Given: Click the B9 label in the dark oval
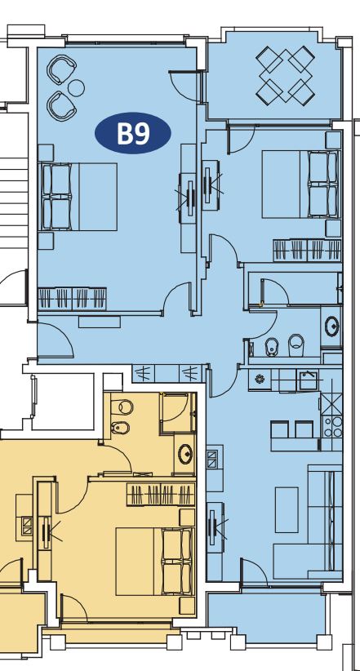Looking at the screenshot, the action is coord(133,134).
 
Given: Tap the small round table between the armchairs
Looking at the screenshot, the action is coord(76,88).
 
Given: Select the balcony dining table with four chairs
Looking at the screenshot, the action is coord(285,74).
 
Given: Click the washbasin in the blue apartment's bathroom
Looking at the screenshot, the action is coord(331,327).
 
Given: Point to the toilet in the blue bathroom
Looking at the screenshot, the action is coord(296,344).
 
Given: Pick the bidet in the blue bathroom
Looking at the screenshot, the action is coord(272,346).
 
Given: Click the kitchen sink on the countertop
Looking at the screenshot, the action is coord(309,380).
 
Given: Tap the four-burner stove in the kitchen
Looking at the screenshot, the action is coord(332,426).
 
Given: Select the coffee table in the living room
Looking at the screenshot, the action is coord(287,509).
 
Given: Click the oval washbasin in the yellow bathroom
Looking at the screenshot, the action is coord(185,454).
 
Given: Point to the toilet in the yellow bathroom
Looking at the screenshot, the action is coord(122,407).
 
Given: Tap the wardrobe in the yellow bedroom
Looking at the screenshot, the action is coord(161,494).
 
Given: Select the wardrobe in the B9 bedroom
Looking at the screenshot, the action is coord(73,298).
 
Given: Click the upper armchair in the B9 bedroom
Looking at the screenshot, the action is coord(62,70).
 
